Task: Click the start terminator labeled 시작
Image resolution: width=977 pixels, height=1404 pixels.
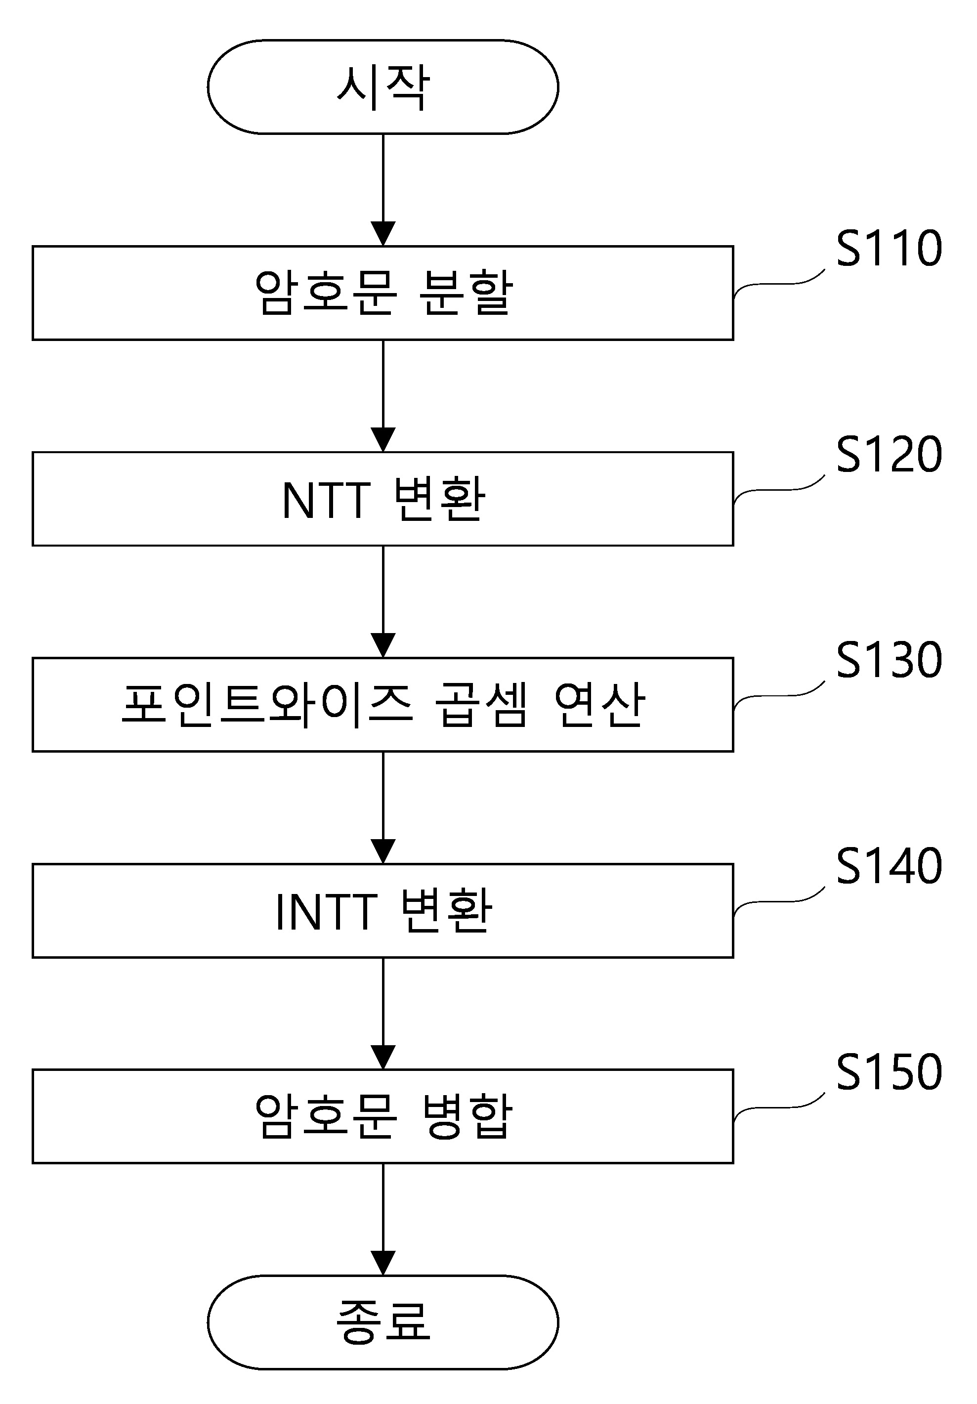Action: click(x=382, y=87)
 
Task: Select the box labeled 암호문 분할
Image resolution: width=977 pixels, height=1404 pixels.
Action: click(x=382, y=293)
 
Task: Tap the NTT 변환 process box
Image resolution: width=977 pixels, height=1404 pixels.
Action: click(x=382, y=499)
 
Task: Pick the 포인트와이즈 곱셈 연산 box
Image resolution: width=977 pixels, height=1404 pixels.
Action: click(x=382, y=704)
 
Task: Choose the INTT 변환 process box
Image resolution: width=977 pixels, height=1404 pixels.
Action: click(x=382, y=910)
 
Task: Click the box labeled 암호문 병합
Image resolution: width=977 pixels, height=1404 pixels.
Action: click(x=382, y=1116)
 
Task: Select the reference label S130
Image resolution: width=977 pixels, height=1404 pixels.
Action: click(x=889, y=660)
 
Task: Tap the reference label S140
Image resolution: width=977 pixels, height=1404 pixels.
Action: click(x=889, y=866)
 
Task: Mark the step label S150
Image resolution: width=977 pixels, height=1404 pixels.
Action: click(x=889, y=1071)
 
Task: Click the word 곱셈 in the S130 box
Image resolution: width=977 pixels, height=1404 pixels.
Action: click(x=480, y=704)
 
